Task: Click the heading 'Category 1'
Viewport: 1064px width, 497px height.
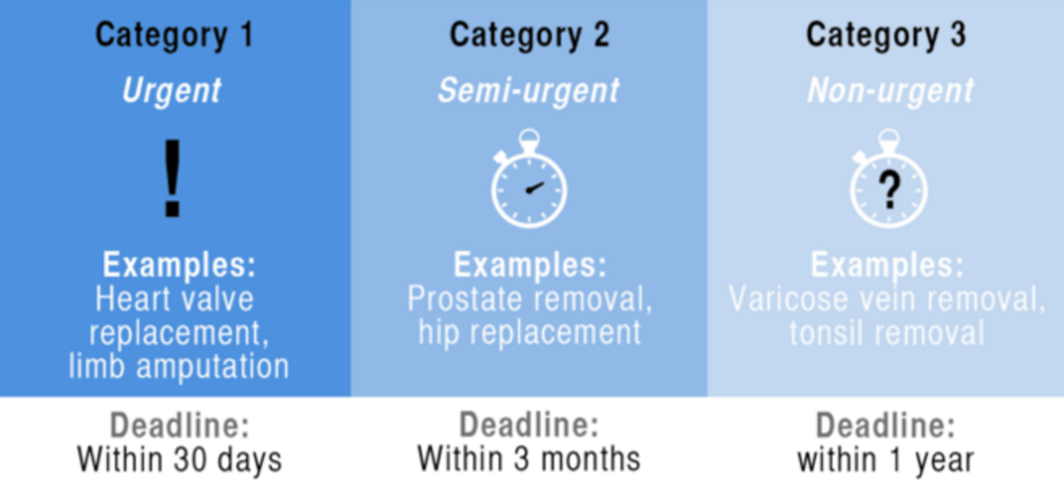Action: (x=174, y=36)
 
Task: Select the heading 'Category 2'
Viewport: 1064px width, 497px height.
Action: (x=529, y=36)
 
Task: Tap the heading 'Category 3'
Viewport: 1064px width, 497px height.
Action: (x=886, y=36)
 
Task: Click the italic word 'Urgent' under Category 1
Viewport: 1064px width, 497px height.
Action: (x=171, y=91)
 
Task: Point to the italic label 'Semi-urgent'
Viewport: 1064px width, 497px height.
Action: (x=529, y=91)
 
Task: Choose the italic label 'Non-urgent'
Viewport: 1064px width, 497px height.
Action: (x=891, y=91)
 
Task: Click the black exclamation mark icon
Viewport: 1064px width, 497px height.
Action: (x=173, y=178)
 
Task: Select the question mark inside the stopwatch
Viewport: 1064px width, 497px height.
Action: (x=889, y=190)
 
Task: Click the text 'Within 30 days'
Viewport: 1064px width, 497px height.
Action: (x=179, y=460)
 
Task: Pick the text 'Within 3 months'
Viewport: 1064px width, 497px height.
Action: (x=529, y=460)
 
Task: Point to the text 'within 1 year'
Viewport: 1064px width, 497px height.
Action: (x=885, y=460)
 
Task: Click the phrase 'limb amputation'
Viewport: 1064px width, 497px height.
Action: (x=179, y=367)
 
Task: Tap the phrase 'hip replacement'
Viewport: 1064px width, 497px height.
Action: (x=529, y=333)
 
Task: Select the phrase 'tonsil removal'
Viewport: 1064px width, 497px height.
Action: (x=886, y=333)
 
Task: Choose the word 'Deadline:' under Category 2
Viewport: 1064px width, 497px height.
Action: (x=529, y=425)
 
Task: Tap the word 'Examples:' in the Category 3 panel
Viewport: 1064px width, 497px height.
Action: (x=887, y=265)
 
